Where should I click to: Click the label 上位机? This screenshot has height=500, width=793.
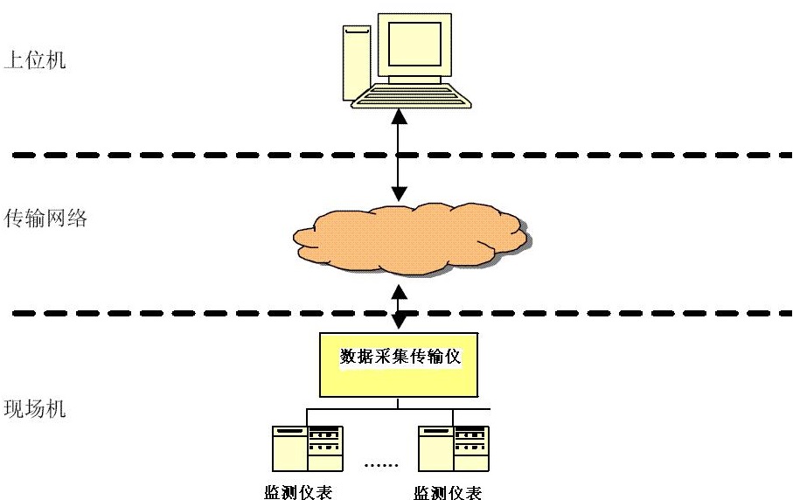pyautogui.click(x=34, y=61)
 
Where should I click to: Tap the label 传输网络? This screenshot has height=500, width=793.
pyautogui.click(x=45, y=219)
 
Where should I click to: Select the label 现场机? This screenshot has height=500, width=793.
pyautogui.click(x=34, y=409)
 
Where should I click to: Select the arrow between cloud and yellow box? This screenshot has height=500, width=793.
pyautogui.click(x=400, y=306)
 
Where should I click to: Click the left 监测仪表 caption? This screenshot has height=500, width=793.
pyautogui.click(x=298, y=491)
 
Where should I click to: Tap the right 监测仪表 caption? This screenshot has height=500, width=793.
pyautogui.click(x=448, y=491)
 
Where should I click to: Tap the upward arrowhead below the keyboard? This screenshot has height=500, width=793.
pyautogui.click(x=400, y=117)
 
